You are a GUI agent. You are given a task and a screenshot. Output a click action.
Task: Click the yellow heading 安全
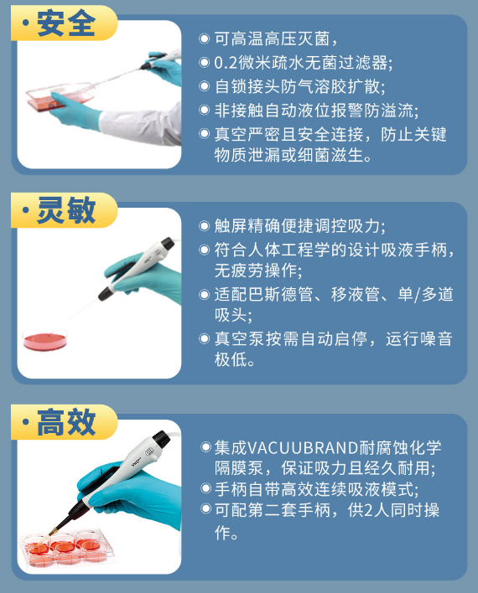(x=66, y=23)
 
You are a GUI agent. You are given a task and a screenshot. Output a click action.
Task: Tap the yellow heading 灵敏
(x=66, y=210)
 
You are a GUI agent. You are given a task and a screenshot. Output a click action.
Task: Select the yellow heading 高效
(x=66, y=422)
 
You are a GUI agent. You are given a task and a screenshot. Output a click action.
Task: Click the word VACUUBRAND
(x=303, y=448)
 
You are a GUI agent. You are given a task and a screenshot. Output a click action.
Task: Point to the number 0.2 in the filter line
(x=226, y=63)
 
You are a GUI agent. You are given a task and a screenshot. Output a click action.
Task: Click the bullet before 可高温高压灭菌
(x=204, y=39)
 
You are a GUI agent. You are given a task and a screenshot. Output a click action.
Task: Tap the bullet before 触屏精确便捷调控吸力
(x=204, y=226)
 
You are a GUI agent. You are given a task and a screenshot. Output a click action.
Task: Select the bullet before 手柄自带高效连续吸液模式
(x=205, y=488)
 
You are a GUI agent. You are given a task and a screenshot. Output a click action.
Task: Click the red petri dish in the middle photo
(x=44, y=339)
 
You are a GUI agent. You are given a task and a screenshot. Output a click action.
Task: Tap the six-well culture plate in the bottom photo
(x=66, y=548)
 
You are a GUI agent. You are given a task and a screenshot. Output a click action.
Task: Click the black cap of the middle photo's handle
(x=167, y=244)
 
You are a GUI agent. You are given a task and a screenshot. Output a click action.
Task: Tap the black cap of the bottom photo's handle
(x=161, y=440)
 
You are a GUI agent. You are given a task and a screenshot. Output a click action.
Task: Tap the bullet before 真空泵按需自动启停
(x=204, y=338)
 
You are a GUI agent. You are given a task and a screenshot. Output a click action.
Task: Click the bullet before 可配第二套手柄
(x=205, y=508)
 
